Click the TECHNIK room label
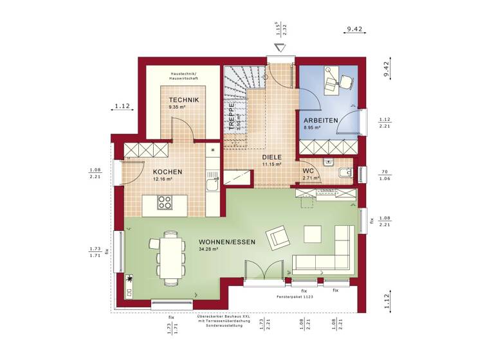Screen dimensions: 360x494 point(184,100)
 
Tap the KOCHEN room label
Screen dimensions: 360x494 point(167,172)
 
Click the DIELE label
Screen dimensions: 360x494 point(273,157)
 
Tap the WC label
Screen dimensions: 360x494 point(308,171)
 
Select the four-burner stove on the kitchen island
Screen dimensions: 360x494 point(165,203)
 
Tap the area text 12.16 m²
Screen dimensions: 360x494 point(163,179)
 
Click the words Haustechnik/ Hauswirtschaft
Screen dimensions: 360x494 point(184,76)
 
